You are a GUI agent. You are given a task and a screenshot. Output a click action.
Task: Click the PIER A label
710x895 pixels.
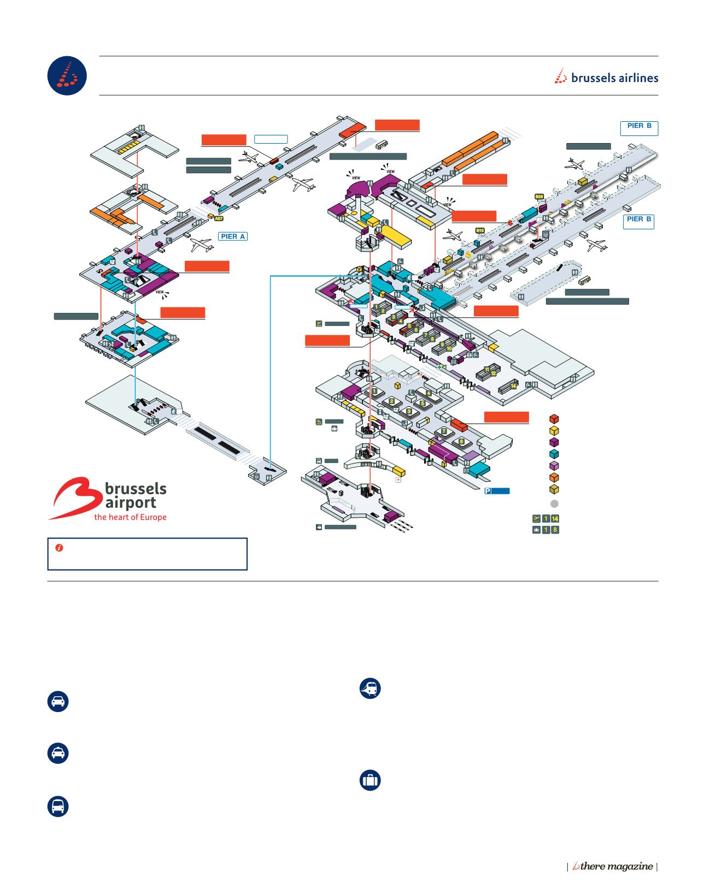[x=233, y=236]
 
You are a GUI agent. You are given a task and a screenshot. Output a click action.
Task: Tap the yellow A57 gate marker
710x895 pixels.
[x=219, y=218]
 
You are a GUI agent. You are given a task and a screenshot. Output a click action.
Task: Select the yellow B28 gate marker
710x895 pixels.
[x=538, y=195]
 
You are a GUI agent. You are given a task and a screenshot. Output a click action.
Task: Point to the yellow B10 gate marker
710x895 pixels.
[x=480, y=230]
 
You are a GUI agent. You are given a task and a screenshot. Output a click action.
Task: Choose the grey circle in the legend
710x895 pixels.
[x=554, y=503]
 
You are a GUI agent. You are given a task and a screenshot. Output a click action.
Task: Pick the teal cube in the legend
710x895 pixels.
[x=554, y=454]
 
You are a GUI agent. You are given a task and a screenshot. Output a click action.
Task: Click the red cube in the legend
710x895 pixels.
[x=554, y=419]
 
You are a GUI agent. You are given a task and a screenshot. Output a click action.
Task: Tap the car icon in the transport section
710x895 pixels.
[x=58, y=702]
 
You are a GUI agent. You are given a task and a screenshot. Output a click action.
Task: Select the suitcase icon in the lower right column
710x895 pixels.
[x=370, y=780]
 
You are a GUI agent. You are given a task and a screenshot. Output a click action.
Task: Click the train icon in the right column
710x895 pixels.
[x=370, y=689]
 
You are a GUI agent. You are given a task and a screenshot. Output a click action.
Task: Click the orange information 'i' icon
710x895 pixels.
[x=58, y=547]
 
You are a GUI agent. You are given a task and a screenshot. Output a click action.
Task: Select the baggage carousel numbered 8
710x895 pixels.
[x=462, y=441]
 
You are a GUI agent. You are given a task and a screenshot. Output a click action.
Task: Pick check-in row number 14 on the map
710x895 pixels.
[x=513, y=385]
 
